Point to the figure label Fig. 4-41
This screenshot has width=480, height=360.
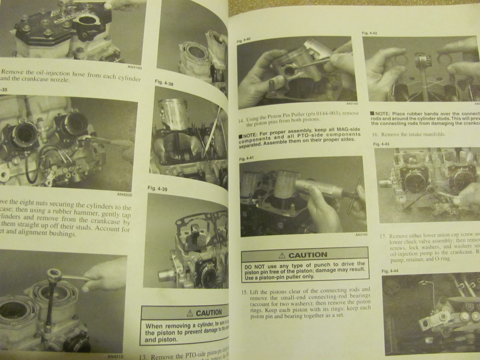coord(246,158)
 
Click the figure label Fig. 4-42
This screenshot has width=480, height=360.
coord(369,33)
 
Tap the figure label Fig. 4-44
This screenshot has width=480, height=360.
coord(391,271)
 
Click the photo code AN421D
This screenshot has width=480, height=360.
coord(115,356)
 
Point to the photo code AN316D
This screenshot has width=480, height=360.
coord(361,234)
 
